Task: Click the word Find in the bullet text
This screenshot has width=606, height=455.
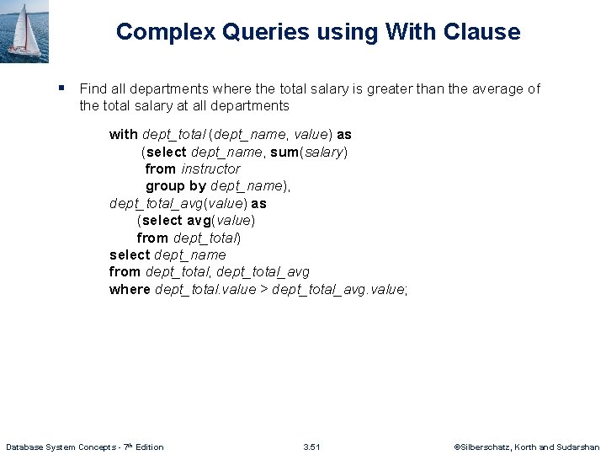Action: pos(92,88)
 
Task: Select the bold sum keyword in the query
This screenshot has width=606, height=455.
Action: pos(283,152)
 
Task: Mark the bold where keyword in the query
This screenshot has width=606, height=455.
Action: pos(130,289)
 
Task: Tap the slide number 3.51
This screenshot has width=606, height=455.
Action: pos(311,447)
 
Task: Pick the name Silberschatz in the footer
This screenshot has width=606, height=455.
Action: pos(486,447)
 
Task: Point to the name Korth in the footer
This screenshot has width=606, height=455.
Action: pos(532,447)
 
